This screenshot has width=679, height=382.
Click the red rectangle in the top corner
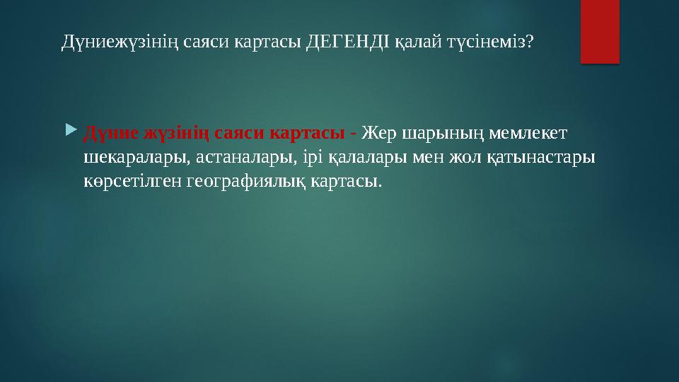click(599, 30)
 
